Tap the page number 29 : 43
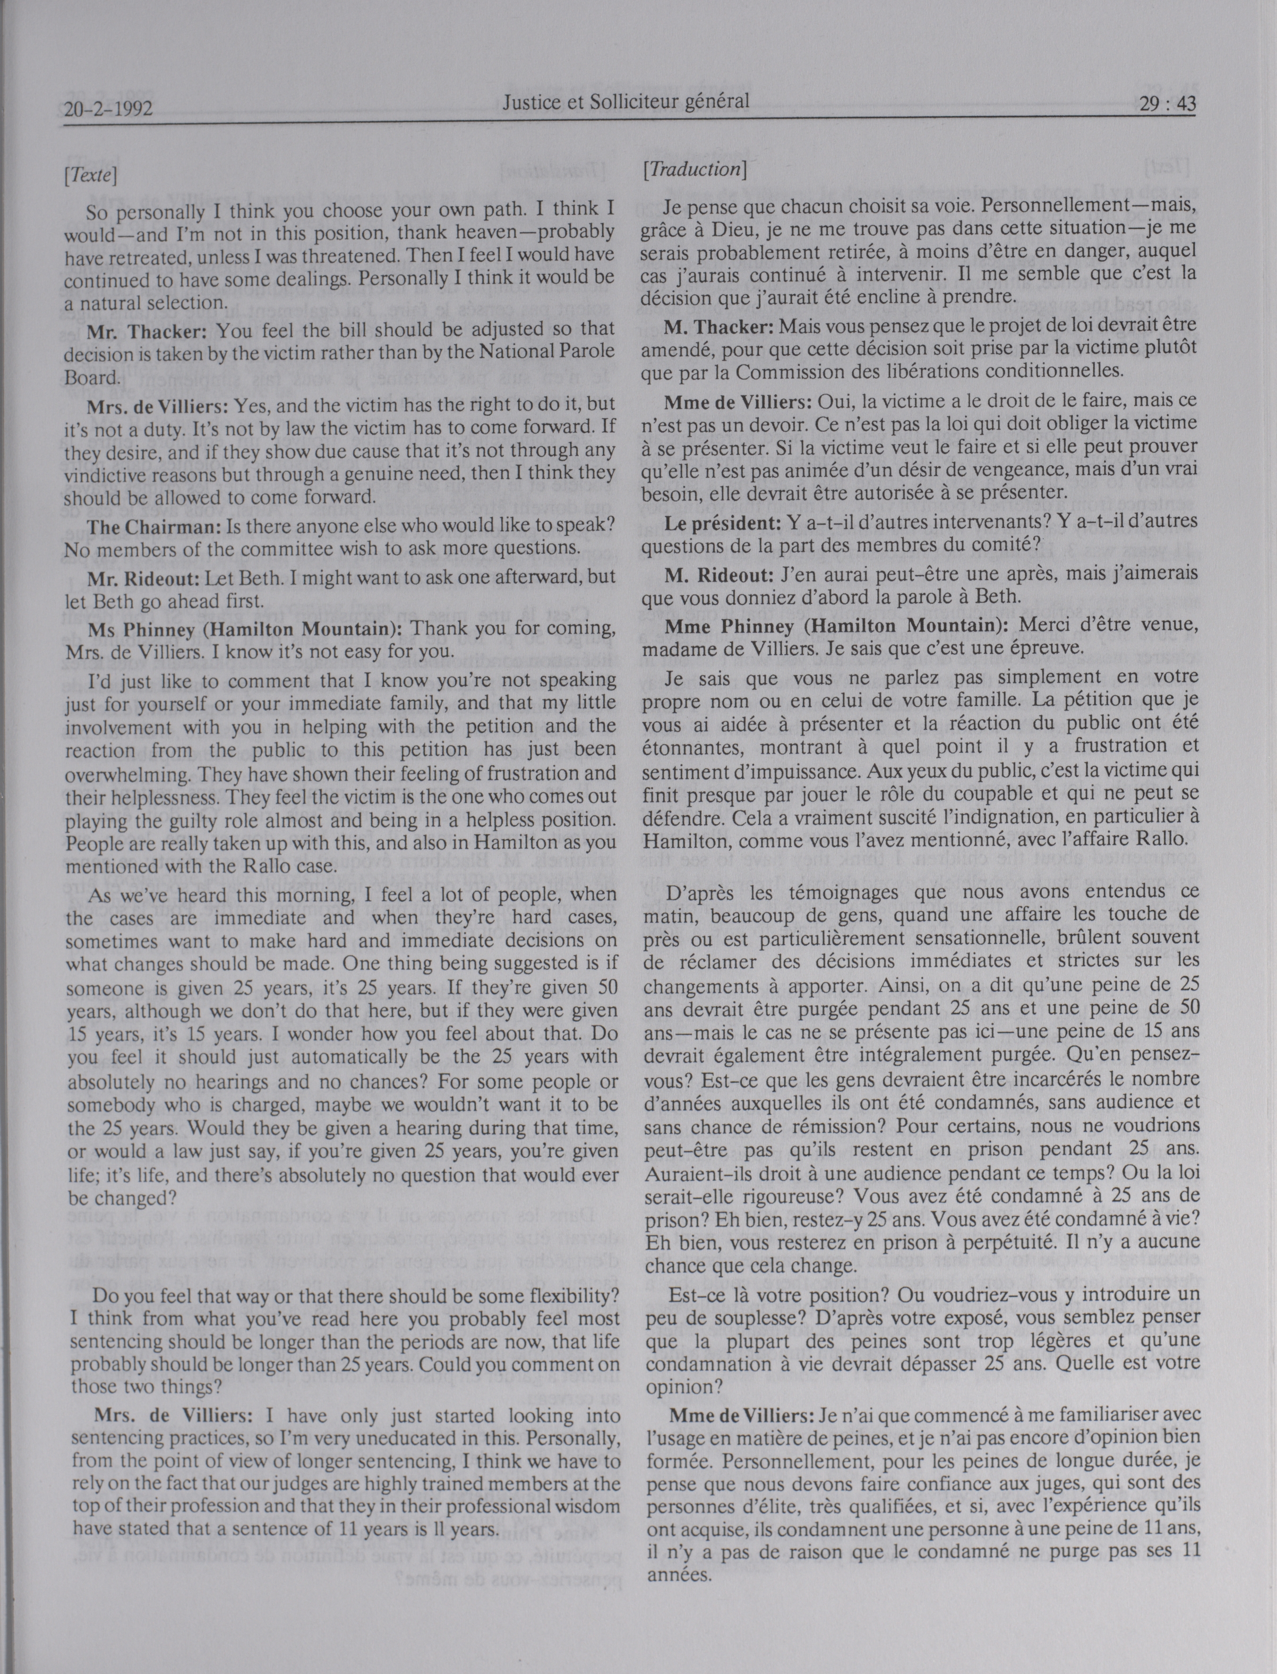tap(1167, 104)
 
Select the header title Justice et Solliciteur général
tap(625, 101)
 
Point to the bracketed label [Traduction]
tap(693, 169)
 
